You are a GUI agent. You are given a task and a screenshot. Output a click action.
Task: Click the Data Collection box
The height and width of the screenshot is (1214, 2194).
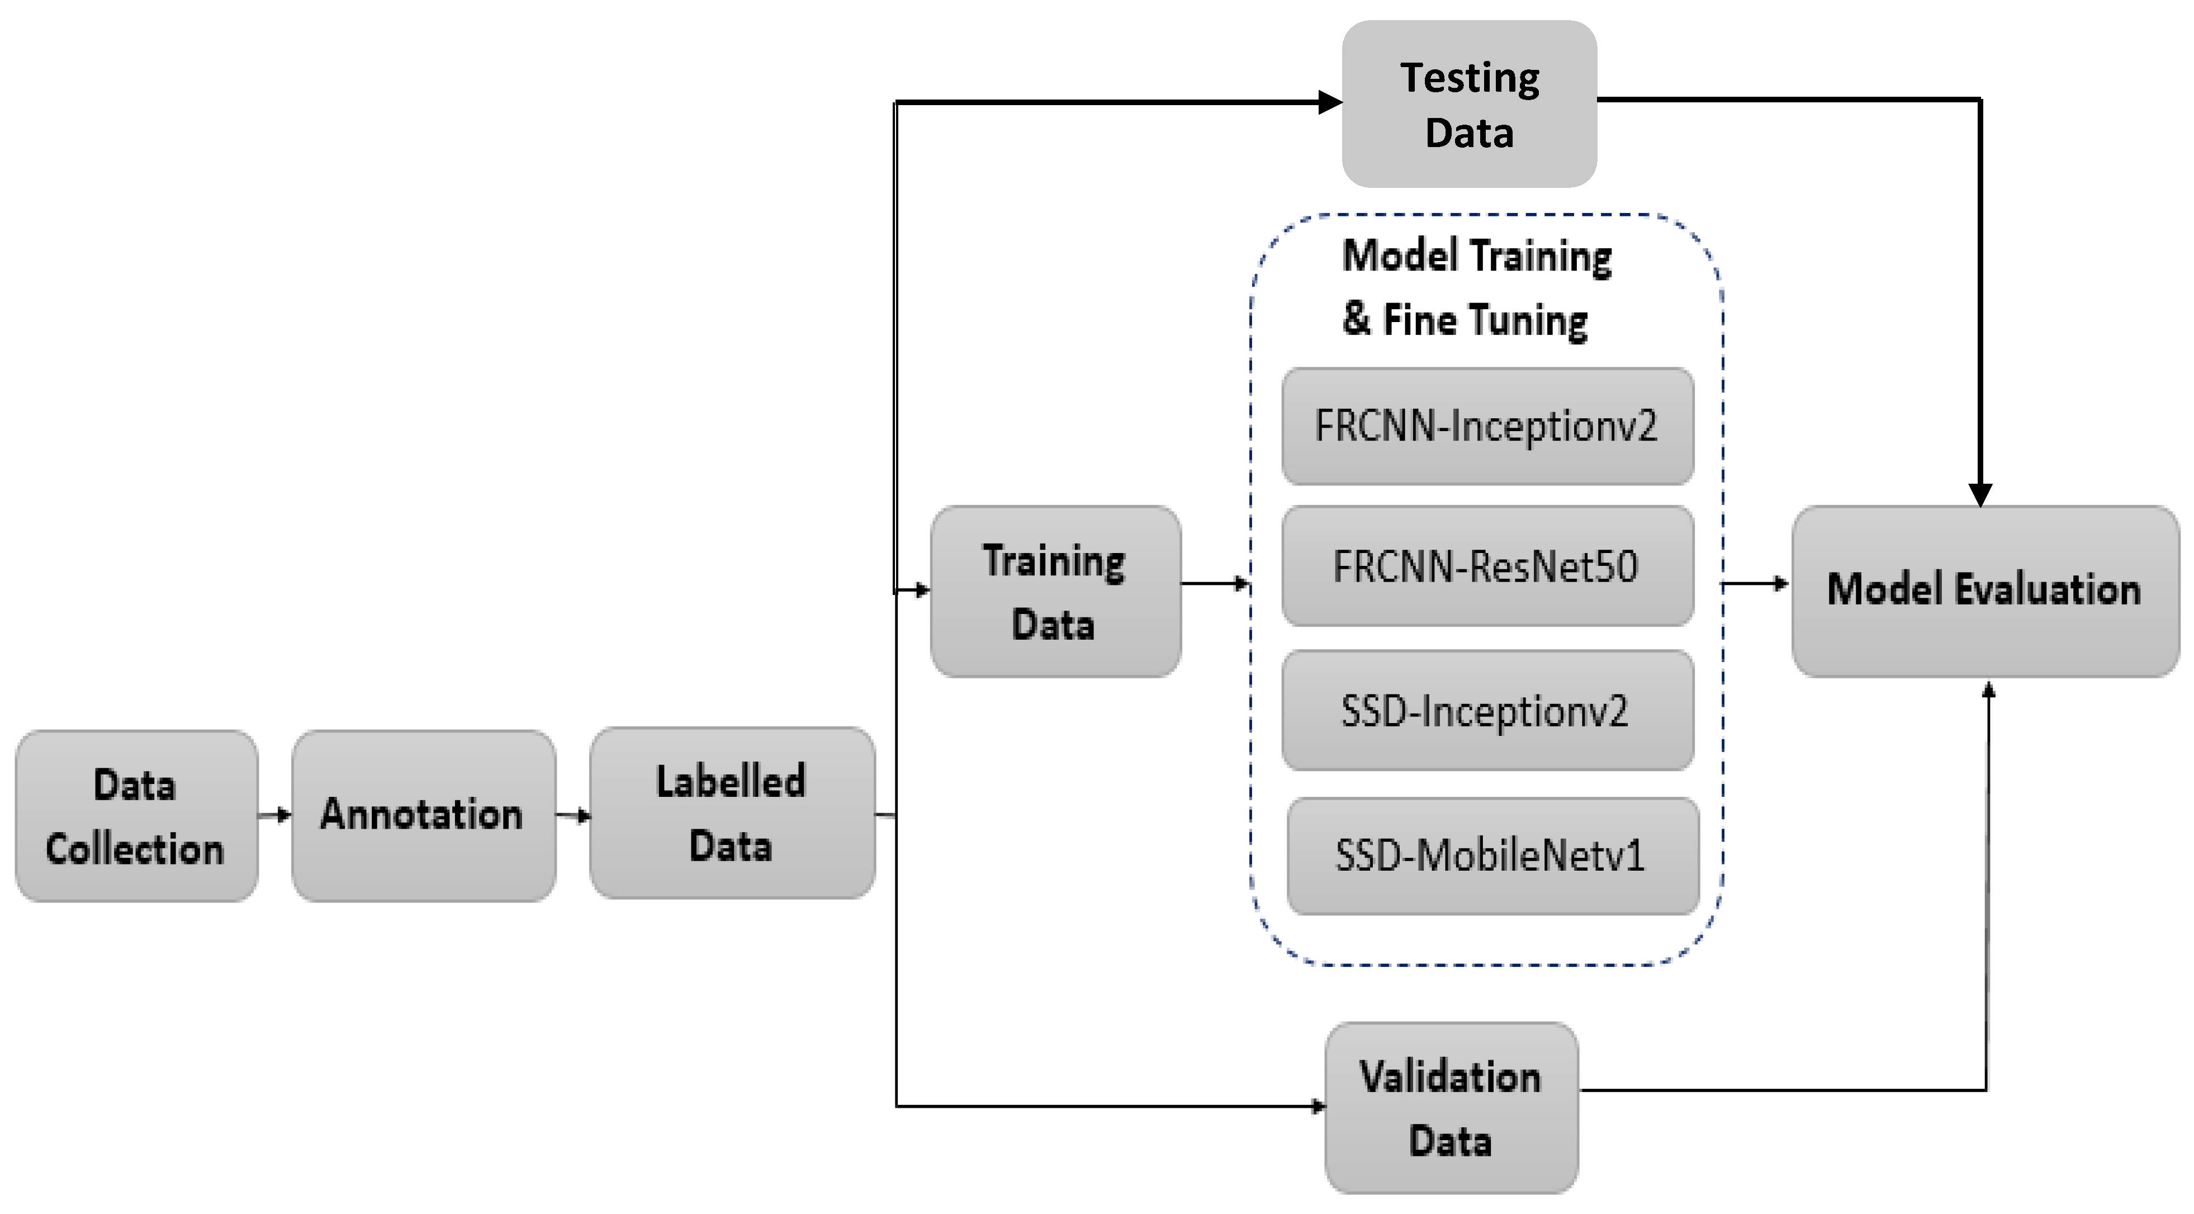[136, 816]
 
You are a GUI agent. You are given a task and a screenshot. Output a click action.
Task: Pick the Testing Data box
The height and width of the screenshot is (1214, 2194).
[1468, 104]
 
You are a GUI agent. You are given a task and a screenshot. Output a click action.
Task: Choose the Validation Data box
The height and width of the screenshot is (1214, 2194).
[1451, 1108]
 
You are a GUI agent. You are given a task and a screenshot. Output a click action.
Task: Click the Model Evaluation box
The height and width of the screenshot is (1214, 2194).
[1984, 591]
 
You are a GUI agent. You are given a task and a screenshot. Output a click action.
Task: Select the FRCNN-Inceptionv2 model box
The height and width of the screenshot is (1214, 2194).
[1487, 426]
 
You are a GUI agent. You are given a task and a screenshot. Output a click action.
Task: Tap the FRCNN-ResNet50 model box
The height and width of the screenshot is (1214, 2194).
[1487, 566]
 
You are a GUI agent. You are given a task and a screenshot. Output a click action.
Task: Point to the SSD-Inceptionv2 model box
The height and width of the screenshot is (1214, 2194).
[1487, 711]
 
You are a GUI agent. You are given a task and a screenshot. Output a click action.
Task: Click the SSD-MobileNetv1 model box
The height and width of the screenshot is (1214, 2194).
[1492, 856]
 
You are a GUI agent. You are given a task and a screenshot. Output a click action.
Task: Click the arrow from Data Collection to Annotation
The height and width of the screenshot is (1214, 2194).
[274, 815]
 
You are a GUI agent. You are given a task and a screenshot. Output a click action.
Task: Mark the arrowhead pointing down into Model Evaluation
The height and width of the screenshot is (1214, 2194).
[1980, 495]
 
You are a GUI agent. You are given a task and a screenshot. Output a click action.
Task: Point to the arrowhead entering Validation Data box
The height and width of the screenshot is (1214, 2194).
[1319, 1107]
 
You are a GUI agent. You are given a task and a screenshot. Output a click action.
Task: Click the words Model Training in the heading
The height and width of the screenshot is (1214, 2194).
[1476, 256]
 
